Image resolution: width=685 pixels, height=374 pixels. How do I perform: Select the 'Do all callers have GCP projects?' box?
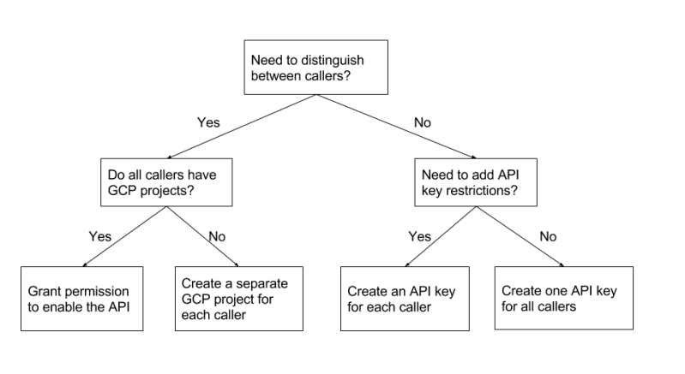(165, 181)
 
